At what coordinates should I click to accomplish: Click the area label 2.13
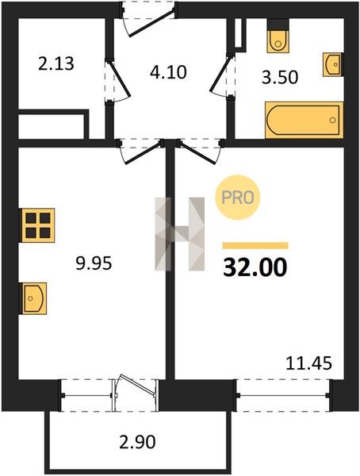[x=56, y=64]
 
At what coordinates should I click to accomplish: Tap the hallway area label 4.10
[x=168, y=72]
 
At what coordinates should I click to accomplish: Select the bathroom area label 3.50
[x=280, y=77]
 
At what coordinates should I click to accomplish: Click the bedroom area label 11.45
[x=309, y=363]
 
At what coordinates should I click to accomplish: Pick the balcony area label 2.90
[x=137, y=442]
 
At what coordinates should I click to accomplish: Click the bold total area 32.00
[x=255, y=267]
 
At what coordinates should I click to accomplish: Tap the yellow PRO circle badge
[x=238, y=198]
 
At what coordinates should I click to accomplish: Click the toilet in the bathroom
[x=278, y=36]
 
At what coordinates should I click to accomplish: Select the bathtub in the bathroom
[x=304, y=120]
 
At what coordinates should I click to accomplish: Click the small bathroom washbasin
[x=332, y=64]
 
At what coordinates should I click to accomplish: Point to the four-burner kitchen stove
[x=38, y=225]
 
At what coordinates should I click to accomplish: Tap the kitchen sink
[x=33, y=298]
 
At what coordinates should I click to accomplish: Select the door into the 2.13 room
[x=118, y=80]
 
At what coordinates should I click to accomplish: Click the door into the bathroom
[x=222, y=75]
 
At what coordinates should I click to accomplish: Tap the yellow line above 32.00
[x=255, y=245]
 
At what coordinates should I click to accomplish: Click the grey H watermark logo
[x=180, y=234]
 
